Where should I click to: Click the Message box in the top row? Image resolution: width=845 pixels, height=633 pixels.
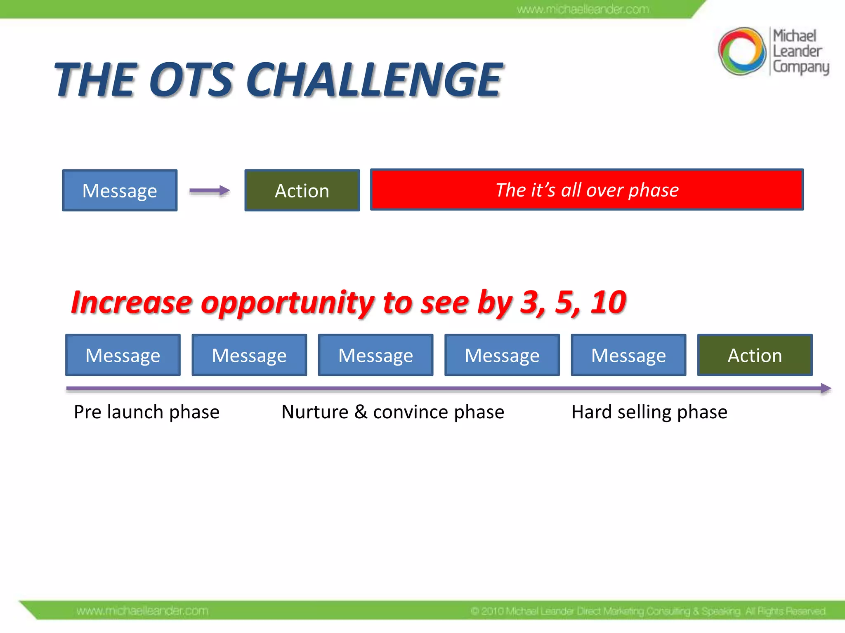(120, 190)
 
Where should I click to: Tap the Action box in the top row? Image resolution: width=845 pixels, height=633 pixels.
(302, 190)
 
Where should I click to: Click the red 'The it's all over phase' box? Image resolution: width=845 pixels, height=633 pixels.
(587, 190)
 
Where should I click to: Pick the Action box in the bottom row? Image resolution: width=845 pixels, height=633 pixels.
(755, 355)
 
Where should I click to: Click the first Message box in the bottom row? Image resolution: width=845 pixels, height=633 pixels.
(123, 355)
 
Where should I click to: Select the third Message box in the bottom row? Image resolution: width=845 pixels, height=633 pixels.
(375, 355)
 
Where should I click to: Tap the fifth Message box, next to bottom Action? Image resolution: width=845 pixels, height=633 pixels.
(628, 355)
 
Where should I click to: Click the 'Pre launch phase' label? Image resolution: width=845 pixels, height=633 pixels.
(146, 412)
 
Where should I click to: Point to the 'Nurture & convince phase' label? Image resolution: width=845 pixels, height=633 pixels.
(393, 412)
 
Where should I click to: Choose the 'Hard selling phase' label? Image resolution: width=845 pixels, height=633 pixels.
(649, 412)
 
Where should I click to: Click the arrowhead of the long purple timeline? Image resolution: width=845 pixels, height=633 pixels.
(826, 388)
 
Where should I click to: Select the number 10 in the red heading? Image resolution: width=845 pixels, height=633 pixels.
(608, 302)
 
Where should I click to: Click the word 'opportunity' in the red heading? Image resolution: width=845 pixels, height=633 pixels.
(288, 303)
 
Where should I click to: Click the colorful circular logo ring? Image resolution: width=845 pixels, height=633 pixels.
(741, 51)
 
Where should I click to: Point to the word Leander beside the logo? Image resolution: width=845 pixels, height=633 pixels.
(797, 52)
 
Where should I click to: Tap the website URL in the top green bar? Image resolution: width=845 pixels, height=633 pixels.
(583, 9)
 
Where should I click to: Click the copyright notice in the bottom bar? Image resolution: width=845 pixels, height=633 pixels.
(648, 611)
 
